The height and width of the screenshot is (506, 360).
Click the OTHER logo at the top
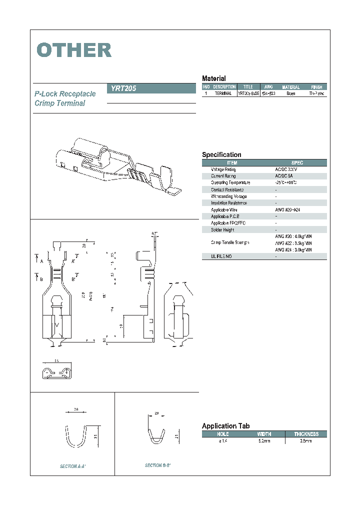tap(74, 50)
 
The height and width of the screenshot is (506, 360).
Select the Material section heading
tap(213, 78)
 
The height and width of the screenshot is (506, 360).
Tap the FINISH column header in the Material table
tap(316, 87)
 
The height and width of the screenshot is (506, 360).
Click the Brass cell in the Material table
tap(290, 93)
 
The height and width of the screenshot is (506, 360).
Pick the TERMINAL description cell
tap(223, 93)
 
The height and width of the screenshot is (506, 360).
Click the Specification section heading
tap(221, 155)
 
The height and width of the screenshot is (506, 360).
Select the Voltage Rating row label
tap(223, 169)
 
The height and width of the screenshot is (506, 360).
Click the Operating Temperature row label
tap(230, 183)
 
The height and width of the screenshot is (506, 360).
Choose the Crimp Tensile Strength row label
tap(230, 242)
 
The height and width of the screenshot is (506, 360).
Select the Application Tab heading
tap(225, 426)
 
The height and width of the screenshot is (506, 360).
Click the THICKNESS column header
tap(306, 434)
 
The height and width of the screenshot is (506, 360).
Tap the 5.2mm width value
tap(264, 441)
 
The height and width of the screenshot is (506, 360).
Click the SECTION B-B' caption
tap(158, 465)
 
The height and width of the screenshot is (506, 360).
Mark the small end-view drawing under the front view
tap(55, 372)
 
